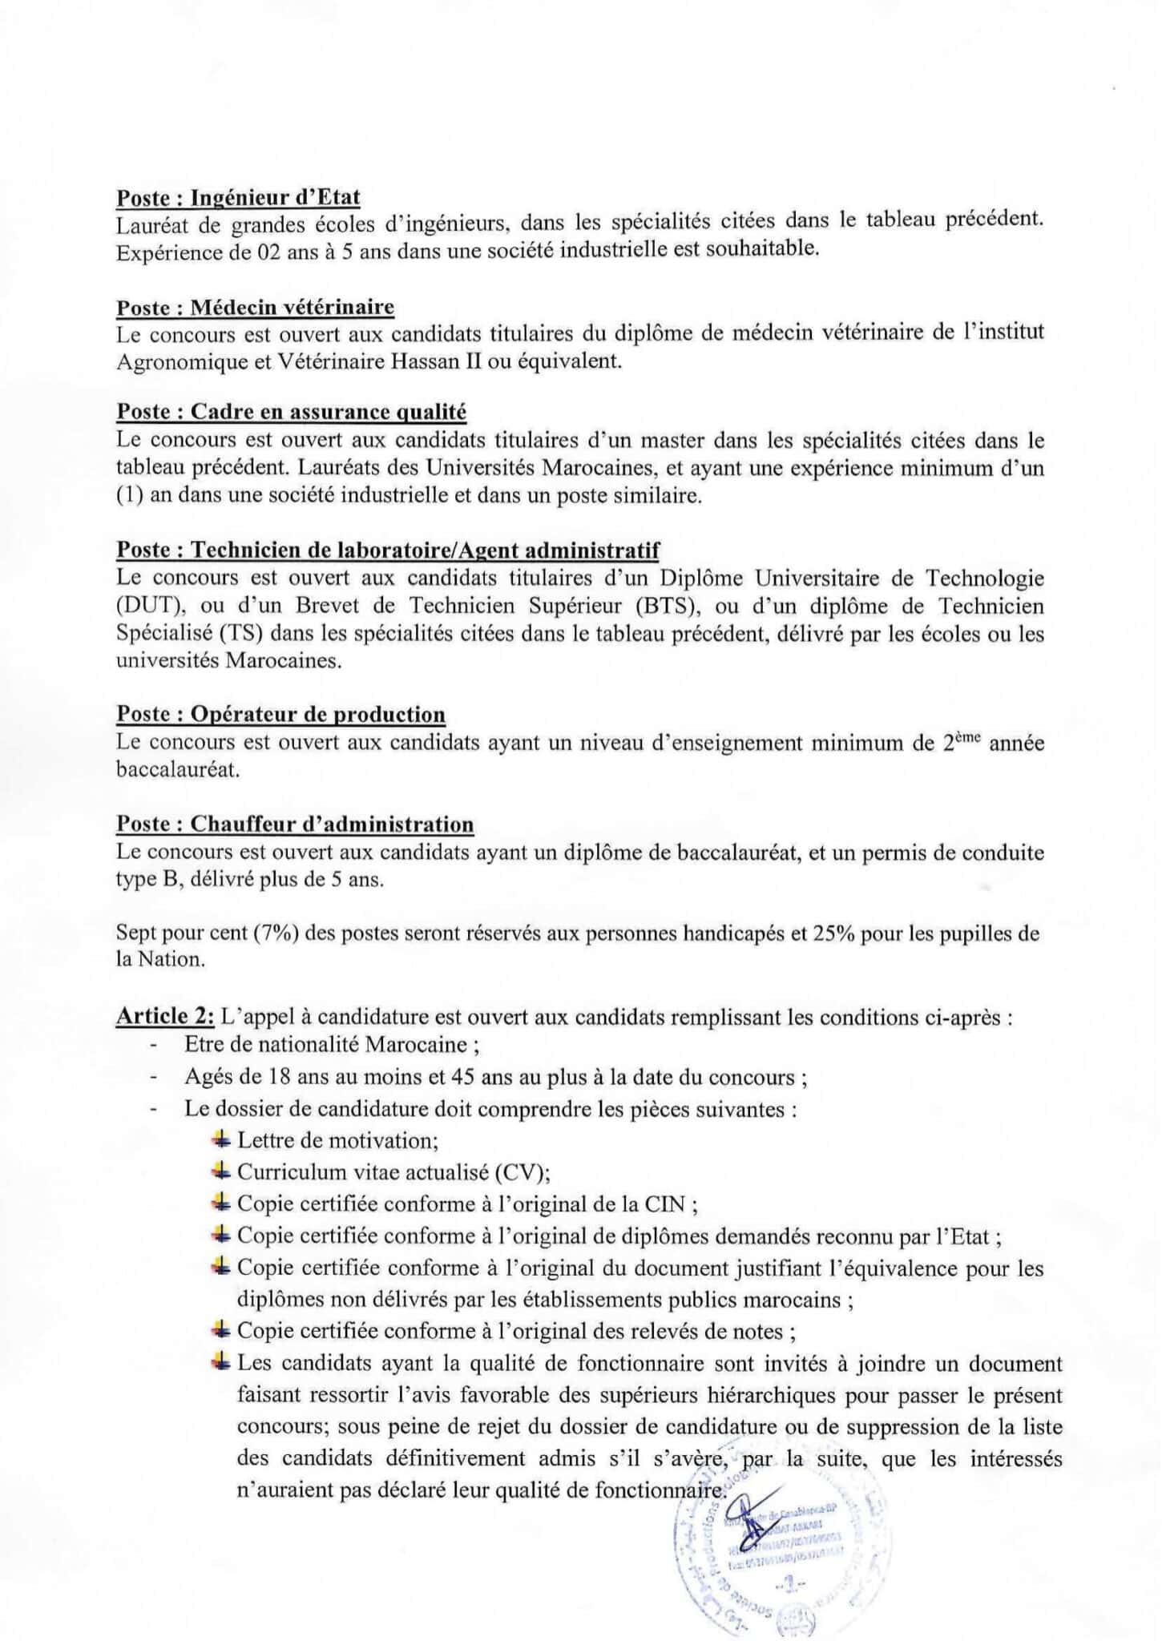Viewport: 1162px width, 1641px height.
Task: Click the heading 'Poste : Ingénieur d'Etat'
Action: point(238,197)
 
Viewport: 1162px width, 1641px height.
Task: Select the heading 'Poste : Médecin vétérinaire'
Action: point(255,307)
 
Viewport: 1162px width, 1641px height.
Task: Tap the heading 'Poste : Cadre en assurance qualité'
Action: point(291,412)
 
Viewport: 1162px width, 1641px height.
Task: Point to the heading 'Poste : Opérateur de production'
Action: point(280,714)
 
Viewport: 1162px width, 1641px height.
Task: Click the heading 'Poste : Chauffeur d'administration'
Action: point(295,824)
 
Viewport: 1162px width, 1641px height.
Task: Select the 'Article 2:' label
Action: point(165,1016)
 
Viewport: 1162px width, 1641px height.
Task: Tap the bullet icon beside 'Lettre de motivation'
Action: point(221,1139)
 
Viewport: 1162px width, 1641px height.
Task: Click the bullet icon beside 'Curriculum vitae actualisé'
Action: point(221,1171)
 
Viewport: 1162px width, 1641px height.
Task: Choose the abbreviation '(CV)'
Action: point(522,1172)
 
